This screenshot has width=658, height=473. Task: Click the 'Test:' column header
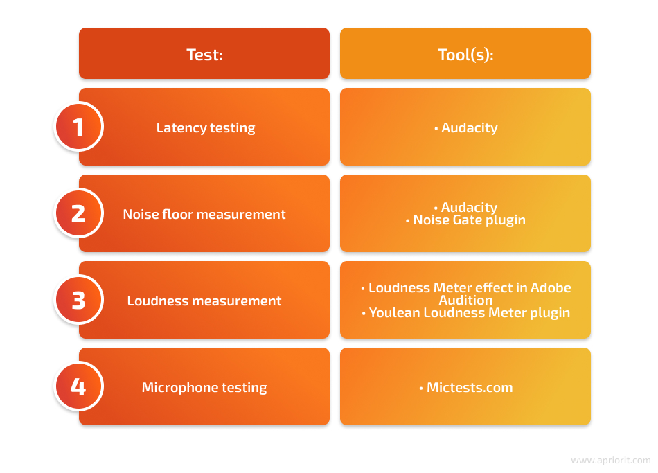click(204, 55)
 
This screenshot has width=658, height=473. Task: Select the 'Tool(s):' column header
click(465, 55)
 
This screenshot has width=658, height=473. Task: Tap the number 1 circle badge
click(79, 127)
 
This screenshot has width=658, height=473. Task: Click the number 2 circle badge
click(79, 213)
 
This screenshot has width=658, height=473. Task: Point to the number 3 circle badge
click(79, 300)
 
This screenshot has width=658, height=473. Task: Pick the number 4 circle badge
click(79, 386)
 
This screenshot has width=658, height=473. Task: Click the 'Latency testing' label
click(206, 127)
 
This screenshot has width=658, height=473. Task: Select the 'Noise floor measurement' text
click(204, 214)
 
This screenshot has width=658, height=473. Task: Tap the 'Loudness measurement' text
click(204, 301)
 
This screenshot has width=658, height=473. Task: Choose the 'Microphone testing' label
click(204, 387)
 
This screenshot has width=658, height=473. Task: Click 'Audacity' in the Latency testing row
click(469, 127)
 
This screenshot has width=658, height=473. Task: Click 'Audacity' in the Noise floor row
click(469, 206)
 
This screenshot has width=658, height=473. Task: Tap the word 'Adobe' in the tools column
click(551, 287)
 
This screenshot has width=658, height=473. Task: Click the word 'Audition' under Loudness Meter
click(466, 300)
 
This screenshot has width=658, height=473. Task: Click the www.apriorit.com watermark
click(611, 461)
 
